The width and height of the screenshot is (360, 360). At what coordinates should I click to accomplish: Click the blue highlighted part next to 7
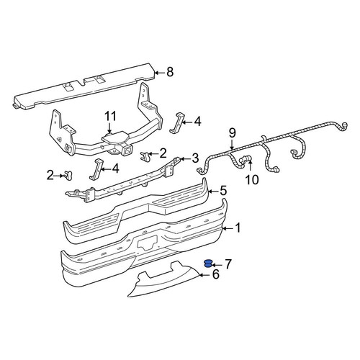[x=207, y=264]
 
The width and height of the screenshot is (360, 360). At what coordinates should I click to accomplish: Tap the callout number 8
[x=170, y=72]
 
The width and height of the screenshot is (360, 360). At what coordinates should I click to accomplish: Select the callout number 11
[x=110, y=116]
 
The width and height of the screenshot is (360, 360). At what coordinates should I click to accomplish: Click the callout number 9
[x=233, y=132]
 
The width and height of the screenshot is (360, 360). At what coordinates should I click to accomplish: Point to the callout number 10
[x=252, y=179]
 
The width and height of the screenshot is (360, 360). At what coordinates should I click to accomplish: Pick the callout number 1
[x=238, y=228]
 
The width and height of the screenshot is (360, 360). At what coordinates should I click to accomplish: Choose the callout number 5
[x=223, y=191]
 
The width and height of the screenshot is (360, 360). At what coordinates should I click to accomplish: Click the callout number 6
[x=216, y=274]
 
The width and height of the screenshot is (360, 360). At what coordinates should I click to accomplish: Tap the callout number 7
[x=228, y=264]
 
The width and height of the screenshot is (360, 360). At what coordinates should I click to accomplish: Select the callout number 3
[x=195, y=158]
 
